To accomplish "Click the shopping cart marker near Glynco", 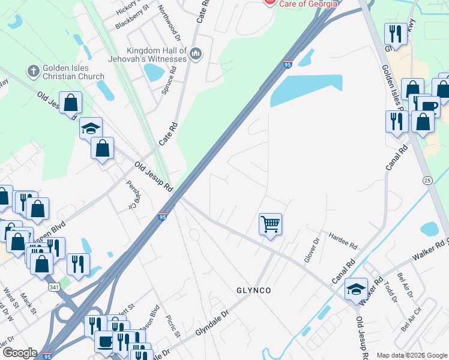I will pos(270,224).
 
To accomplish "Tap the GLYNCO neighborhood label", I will pos(253,290).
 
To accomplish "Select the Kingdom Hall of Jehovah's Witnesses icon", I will pos(196,55).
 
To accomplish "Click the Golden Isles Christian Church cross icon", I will pos(34,71).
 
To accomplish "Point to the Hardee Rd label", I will pos(343,242).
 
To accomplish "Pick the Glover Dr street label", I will pos(315,249).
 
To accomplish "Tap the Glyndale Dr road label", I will pos(212,324).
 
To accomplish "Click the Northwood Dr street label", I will pos(167,17).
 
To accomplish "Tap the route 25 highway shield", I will pos(427,180).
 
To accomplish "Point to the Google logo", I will pos(20,353).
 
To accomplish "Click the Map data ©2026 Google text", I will pos(411,355).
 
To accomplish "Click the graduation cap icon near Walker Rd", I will pos(356,289).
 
